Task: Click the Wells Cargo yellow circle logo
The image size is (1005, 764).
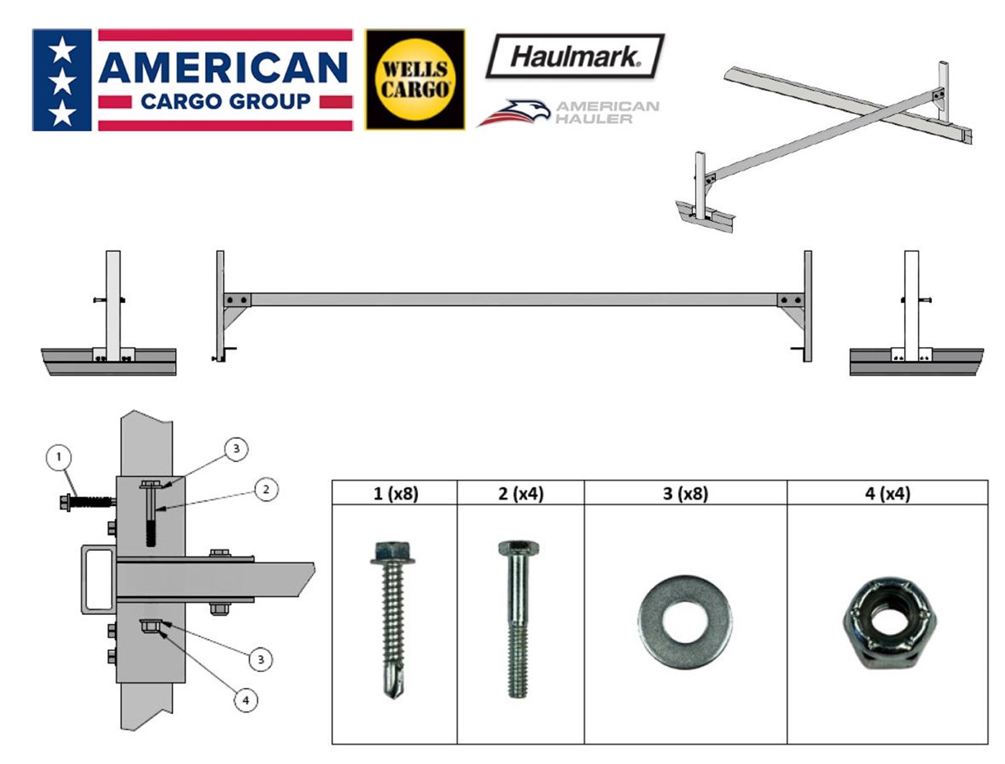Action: (x=414, y=80)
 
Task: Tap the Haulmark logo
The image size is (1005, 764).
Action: (x=574, y=56)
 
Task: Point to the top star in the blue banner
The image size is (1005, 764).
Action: (x=62, y=50)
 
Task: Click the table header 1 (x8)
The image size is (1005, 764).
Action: (x=395, y=494)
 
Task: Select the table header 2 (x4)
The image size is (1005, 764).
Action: (x=521, y=494)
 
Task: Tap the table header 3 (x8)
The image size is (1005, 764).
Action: (x=685, y=494)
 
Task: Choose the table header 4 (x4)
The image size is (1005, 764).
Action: (x=888, y=494)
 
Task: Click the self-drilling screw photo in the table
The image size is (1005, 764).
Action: (x=393, y=618)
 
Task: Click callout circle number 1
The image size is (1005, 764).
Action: (x=59, y=457)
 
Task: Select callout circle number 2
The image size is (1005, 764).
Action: (x=266, y=490)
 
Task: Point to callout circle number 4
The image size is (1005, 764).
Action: (x=246, y=700)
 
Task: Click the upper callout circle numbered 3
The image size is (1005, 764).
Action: (x=236, y=448)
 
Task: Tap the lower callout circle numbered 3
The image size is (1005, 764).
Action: (x=261, y=659)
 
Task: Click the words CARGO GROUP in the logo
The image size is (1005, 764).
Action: (x=225, y=102)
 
